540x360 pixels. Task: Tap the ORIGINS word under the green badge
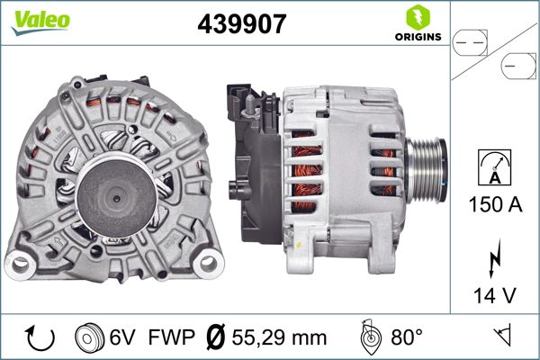pyautogui.click(x=416, y=38)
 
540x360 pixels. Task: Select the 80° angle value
pyautogui.click(x=407, y=338)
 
